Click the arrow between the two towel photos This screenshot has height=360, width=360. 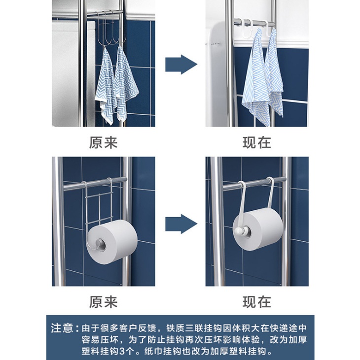[x=181, y=65]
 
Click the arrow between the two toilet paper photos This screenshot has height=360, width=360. [x=181, y=224]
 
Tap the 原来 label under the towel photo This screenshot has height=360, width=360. [x=104, y=143]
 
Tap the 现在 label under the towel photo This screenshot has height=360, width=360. [x=257, y=143]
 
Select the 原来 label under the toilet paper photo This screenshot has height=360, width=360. [x=104, y=302]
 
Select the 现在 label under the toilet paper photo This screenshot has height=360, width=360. [x=257, y=302]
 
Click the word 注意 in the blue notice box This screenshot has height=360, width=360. [x=62, y=328]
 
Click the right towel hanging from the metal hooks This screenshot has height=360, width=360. [x=125, y=83]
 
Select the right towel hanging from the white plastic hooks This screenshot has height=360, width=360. [x=275, y=73]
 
